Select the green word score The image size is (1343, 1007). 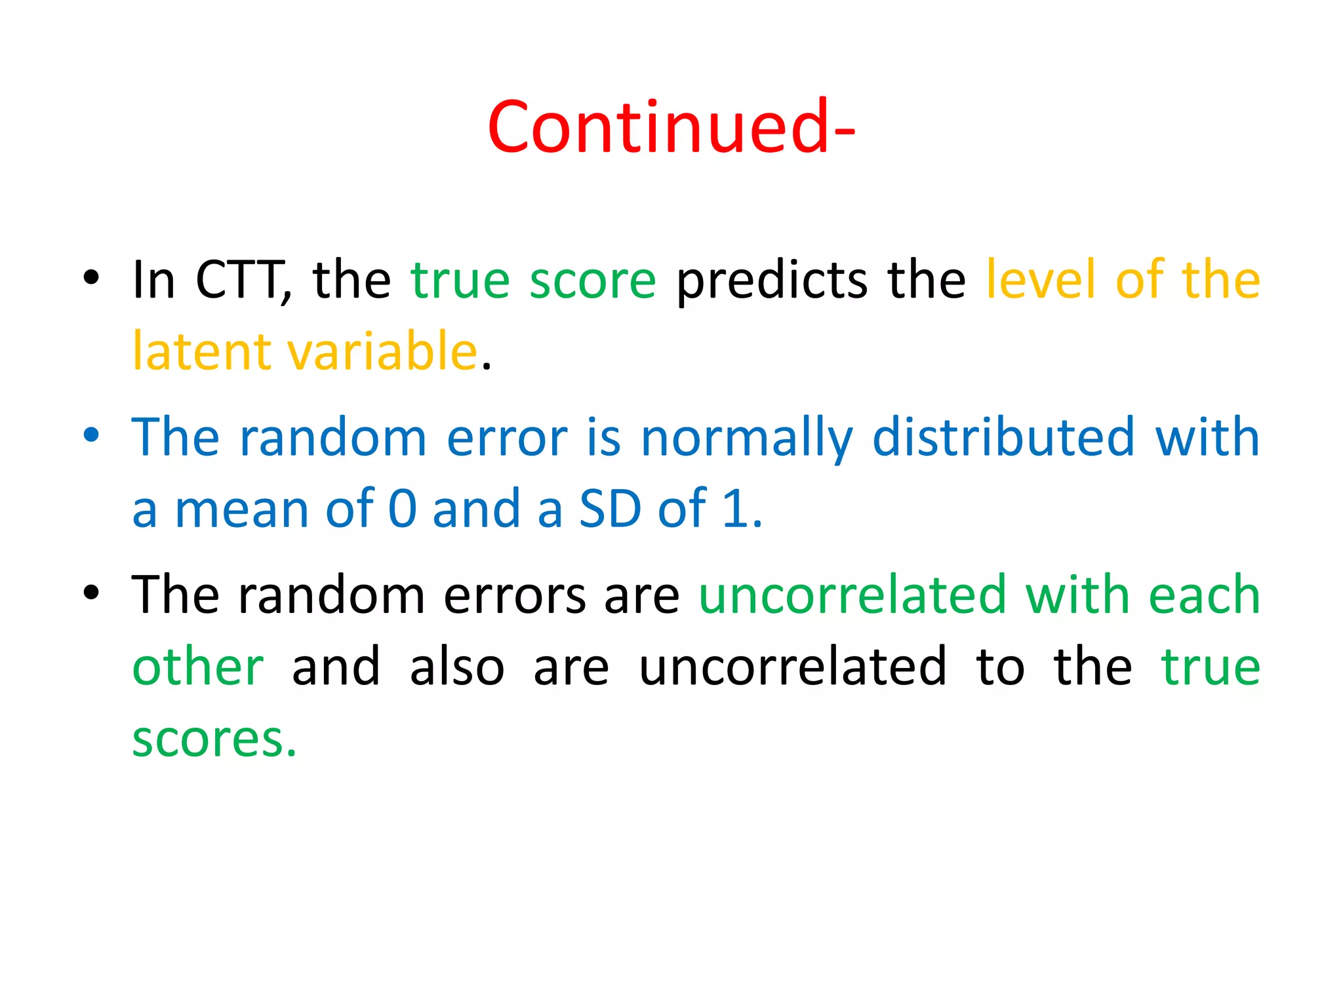coord(592,281)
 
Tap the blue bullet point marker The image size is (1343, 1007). coord(91,435)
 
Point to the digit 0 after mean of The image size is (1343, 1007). coord(402,509)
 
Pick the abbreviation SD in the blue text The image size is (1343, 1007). coord(610,509)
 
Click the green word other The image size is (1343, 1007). coord(198,667)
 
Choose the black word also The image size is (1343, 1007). coord(457,667)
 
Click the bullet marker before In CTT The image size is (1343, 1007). coord(91,277)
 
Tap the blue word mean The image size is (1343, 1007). coord(241,510)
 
